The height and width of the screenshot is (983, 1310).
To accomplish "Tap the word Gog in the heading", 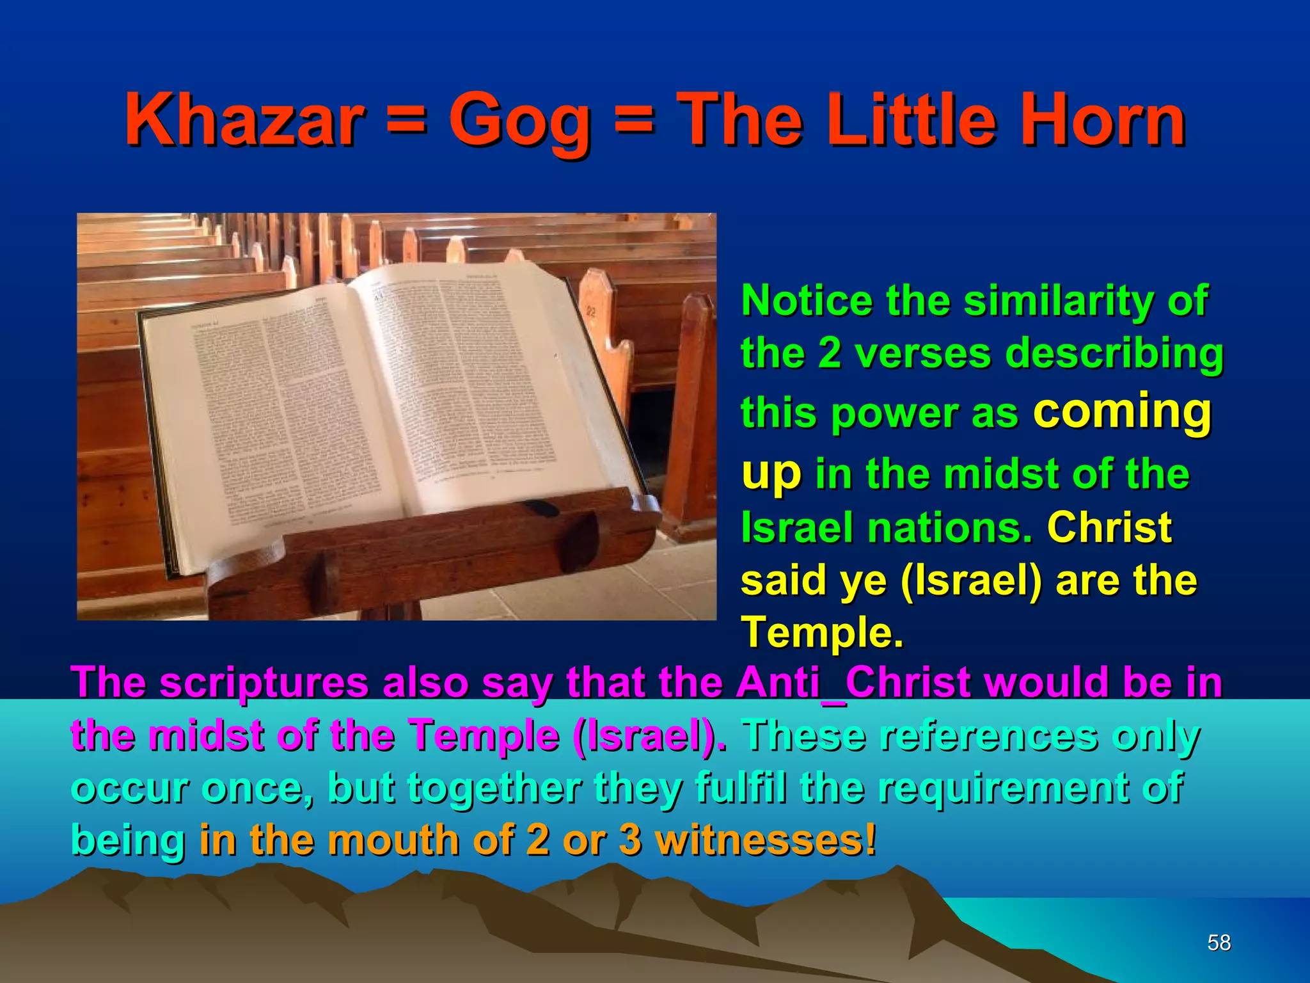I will point(519,122).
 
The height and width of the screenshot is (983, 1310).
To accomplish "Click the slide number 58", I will point(1219,943).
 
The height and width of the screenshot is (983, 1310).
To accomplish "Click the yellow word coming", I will point(1122,411).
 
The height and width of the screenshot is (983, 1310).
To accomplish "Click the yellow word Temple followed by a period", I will point(822,632).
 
